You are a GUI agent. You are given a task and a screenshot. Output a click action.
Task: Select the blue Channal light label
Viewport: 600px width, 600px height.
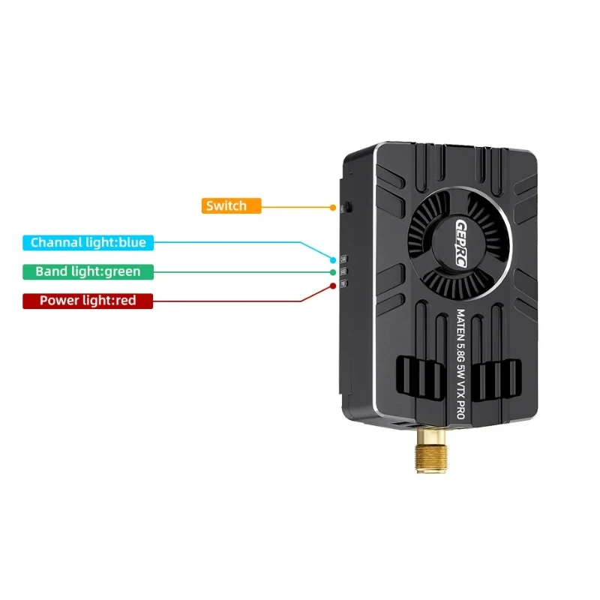pyautogui.click(x=88, y=242)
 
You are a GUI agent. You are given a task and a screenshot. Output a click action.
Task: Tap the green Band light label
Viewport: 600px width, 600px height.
pyautogui.click(x=88, y=271)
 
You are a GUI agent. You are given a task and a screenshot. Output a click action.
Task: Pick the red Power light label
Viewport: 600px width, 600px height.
pyautogui.click(x=88, y=301)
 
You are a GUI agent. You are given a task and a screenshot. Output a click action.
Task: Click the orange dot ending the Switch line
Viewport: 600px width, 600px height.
pyautogui.click(x=332, y=206)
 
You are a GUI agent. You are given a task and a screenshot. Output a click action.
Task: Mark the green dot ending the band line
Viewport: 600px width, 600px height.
pyautogui.click(x=333, y=273)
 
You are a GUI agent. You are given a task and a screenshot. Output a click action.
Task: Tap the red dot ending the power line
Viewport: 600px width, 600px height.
pyautogui.click(x=333, y=286)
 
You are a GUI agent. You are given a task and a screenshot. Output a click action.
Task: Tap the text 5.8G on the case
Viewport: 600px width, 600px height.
pyautogui.click(x=462, y=351)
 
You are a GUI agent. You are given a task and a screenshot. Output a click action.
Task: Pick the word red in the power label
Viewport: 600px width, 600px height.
pyautogui.click(x=126, y=301)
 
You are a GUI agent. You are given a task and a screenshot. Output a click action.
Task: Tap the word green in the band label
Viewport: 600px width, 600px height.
pyautogui.click(x=121, y=271)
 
